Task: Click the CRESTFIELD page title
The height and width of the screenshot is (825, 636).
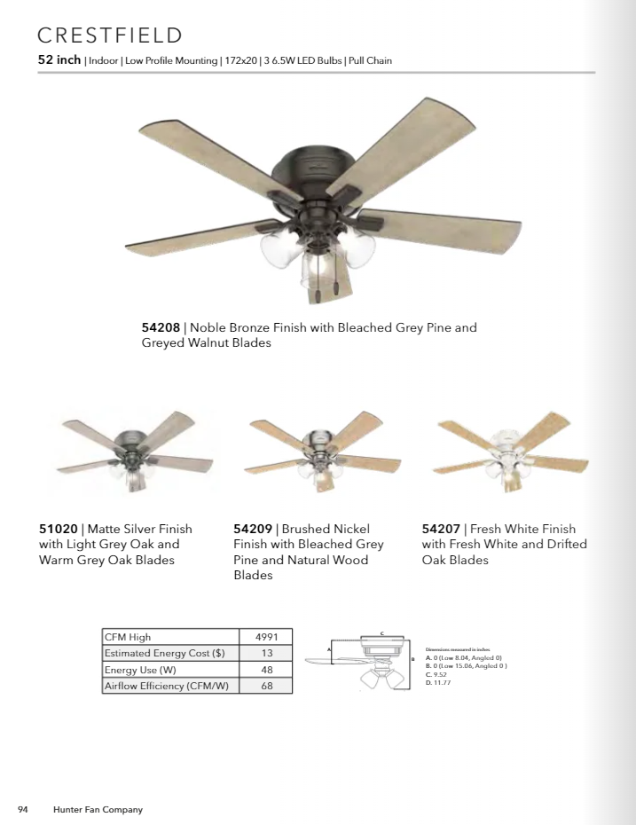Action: [x=110, y=35]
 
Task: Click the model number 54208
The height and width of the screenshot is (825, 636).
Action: [x=161, y=327]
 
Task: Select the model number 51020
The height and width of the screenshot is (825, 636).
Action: [x=58, y=529]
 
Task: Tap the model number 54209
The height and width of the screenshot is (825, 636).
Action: [x=252, y=529]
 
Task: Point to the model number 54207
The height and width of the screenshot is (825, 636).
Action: [x=440, y=529]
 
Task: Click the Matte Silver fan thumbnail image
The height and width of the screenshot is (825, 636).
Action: [x=134, y=453]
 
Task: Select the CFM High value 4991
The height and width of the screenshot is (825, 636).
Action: [x=266, y=637]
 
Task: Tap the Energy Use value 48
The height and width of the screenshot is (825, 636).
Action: [x=266, y=670]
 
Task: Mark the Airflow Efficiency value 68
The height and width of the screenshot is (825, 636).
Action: [x=266, y=686]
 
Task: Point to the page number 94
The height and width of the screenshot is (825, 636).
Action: [x=24, y=809]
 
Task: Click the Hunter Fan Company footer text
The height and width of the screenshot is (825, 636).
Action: [x=98, y=809]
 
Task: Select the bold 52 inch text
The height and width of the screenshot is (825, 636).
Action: [x=59, y=60]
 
